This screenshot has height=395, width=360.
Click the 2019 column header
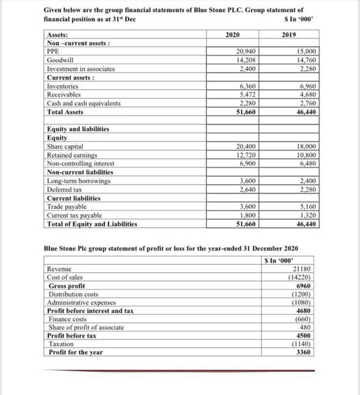289,35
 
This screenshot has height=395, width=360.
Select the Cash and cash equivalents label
84,104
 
